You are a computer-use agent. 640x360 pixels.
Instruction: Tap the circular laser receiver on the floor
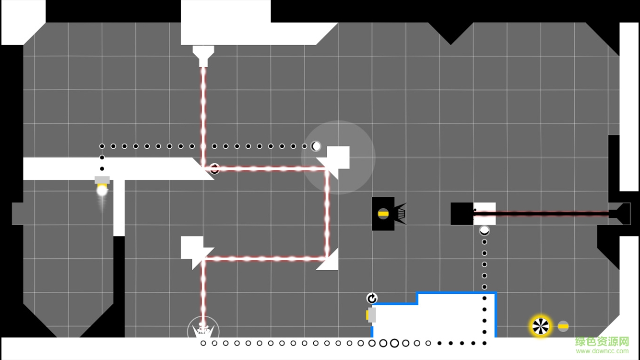tap(203, 331)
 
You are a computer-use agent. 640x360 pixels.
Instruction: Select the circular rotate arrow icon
tap(372, 299)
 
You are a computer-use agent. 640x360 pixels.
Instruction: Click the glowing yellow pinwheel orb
tap(541, 326)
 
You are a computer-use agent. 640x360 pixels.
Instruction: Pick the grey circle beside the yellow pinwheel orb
tap(563, 326)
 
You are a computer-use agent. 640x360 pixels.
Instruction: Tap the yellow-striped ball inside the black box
tap(383, 214)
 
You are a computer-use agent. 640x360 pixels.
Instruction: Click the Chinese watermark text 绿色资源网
tap(602, 342)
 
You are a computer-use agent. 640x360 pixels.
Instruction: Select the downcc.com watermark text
tap(602, 351)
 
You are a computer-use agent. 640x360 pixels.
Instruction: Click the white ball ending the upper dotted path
tap(316, 146)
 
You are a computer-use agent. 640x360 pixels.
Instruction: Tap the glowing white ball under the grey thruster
tap(102, 191)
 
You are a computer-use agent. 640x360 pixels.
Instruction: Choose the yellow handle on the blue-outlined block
tap(368, 315)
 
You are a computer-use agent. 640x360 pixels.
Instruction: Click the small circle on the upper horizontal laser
tap(214, 168)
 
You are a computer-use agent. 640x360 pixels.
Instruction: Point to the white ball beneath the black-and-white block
tap(485, 230)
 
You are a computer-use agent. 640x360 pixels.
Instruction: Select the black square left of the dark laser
tap(462, 214)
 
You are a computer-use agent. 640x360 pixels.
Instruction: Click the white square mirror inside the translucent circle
tap(338, 157)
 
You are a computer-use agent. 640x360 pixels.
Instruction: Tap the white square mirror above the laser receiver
tap(192, 247)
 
